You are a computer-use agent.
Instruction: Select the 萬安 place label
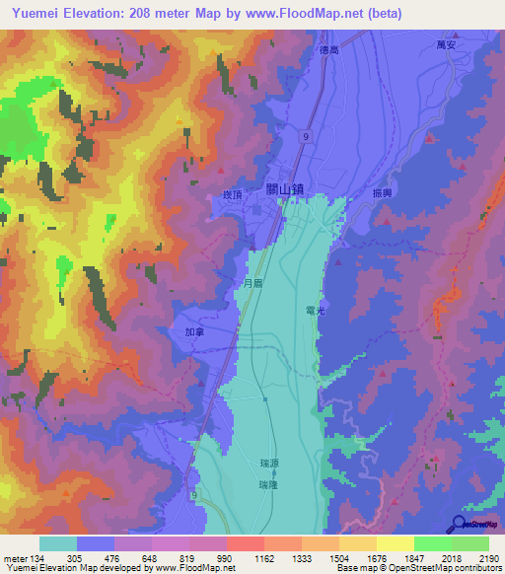pyautogui.click(x=447, y=44)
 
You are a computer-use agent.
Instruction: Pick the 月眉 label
pyautogui.click(x=252, y=282)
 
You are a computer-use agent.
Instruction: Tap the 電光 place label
pyautogui.click(x=316, y=310)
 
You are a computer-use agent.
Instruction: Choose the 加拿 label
pyautogui.click(x=194, y=333)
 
